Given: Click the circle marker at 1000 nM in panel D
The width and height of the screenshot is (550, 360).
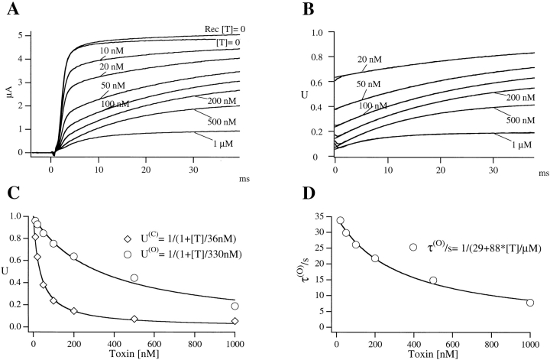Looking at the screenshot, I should click(x=530, y=303).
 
